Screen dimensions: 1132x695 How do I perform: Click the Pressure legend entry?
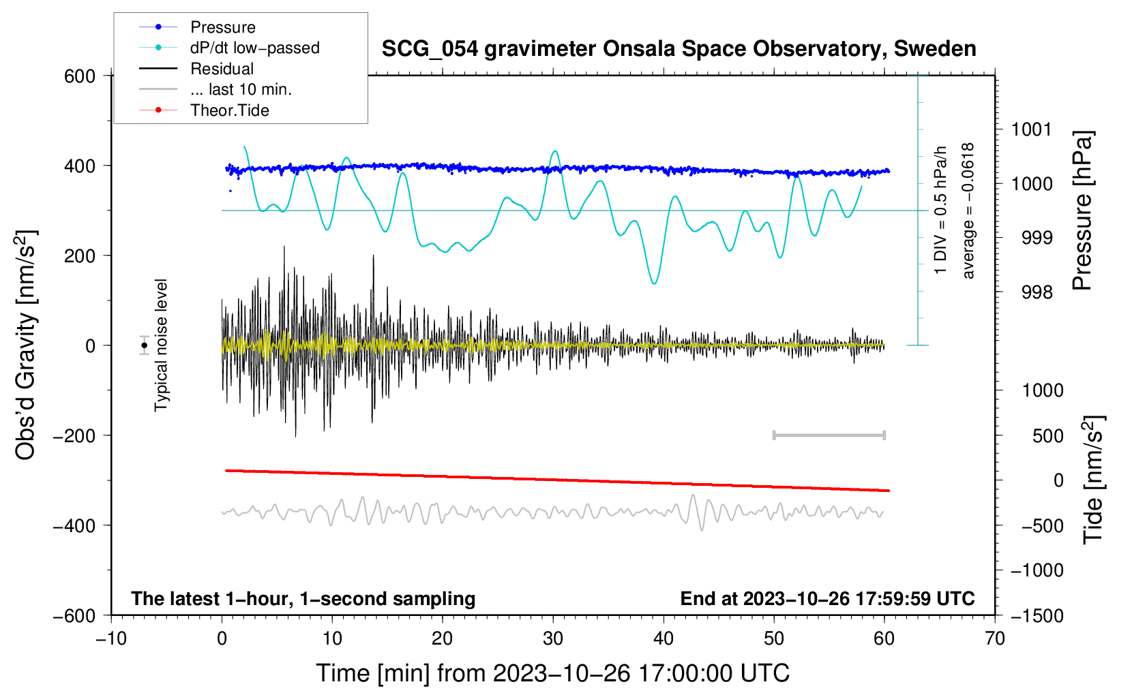click(x=198, y=27)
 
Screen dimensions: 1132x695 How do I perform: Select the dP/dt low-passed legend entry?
click(x=229, y=48)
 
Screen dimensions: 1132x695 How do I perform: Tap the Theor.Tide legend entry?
click(x=204, y=110)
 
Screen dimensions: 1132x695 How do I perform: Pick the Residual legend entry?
click(x=196, y=69)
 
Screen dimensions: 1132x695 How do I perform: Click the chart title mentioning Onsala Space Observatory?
click(x=679, y=49)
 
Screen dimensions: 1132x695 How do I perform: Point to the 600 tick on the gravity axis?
click(x=80, y=76)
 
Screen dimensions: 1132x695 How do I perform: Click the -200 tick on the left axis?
click(x=74, y=435)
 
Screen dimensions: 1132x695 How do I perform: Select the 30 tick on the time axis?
click(x=553, y=638)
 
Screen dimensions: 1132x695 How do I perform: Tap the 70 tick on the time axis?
click(x=994, y=638)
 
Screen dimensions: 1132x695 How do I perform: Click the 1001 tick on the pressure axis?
click(x=1031, y=130)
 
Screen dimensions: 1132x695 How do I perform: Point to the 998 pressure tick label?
click(x=1037, y=292)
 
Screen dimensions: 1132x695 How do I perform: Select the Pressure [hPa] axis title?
click(x=1082, y=211)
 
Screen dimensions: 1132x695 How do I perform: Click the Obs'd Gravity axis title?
click(x=25, y=345)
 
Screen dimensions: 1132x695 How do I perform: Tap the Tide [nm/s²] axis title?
click(x=1093, y=480)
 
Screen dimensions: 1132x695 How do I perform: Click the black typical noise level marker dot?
click(x=144, y=345)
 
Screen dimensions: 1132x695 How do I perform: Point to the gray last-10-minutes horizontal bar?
click(x=829, y=435)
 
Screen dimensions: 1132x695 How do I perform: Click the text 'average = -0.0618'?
click(x=967, y=211)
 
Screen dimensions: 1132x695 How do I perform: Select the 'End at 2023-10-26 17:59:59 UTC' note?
click(x=827, y=598)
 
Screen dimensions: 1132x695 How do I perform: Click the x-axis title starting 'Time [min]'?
click(x=553, y=673)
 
